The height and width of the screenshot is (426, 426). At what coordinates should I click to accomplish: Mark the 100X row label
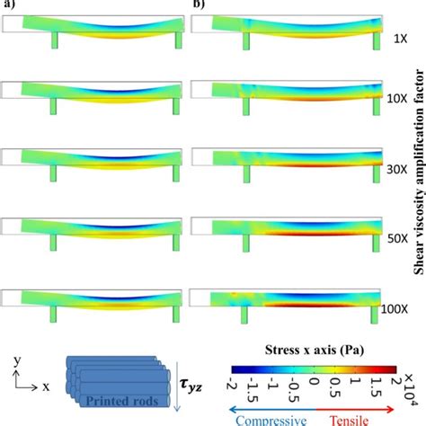[402, 307]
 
